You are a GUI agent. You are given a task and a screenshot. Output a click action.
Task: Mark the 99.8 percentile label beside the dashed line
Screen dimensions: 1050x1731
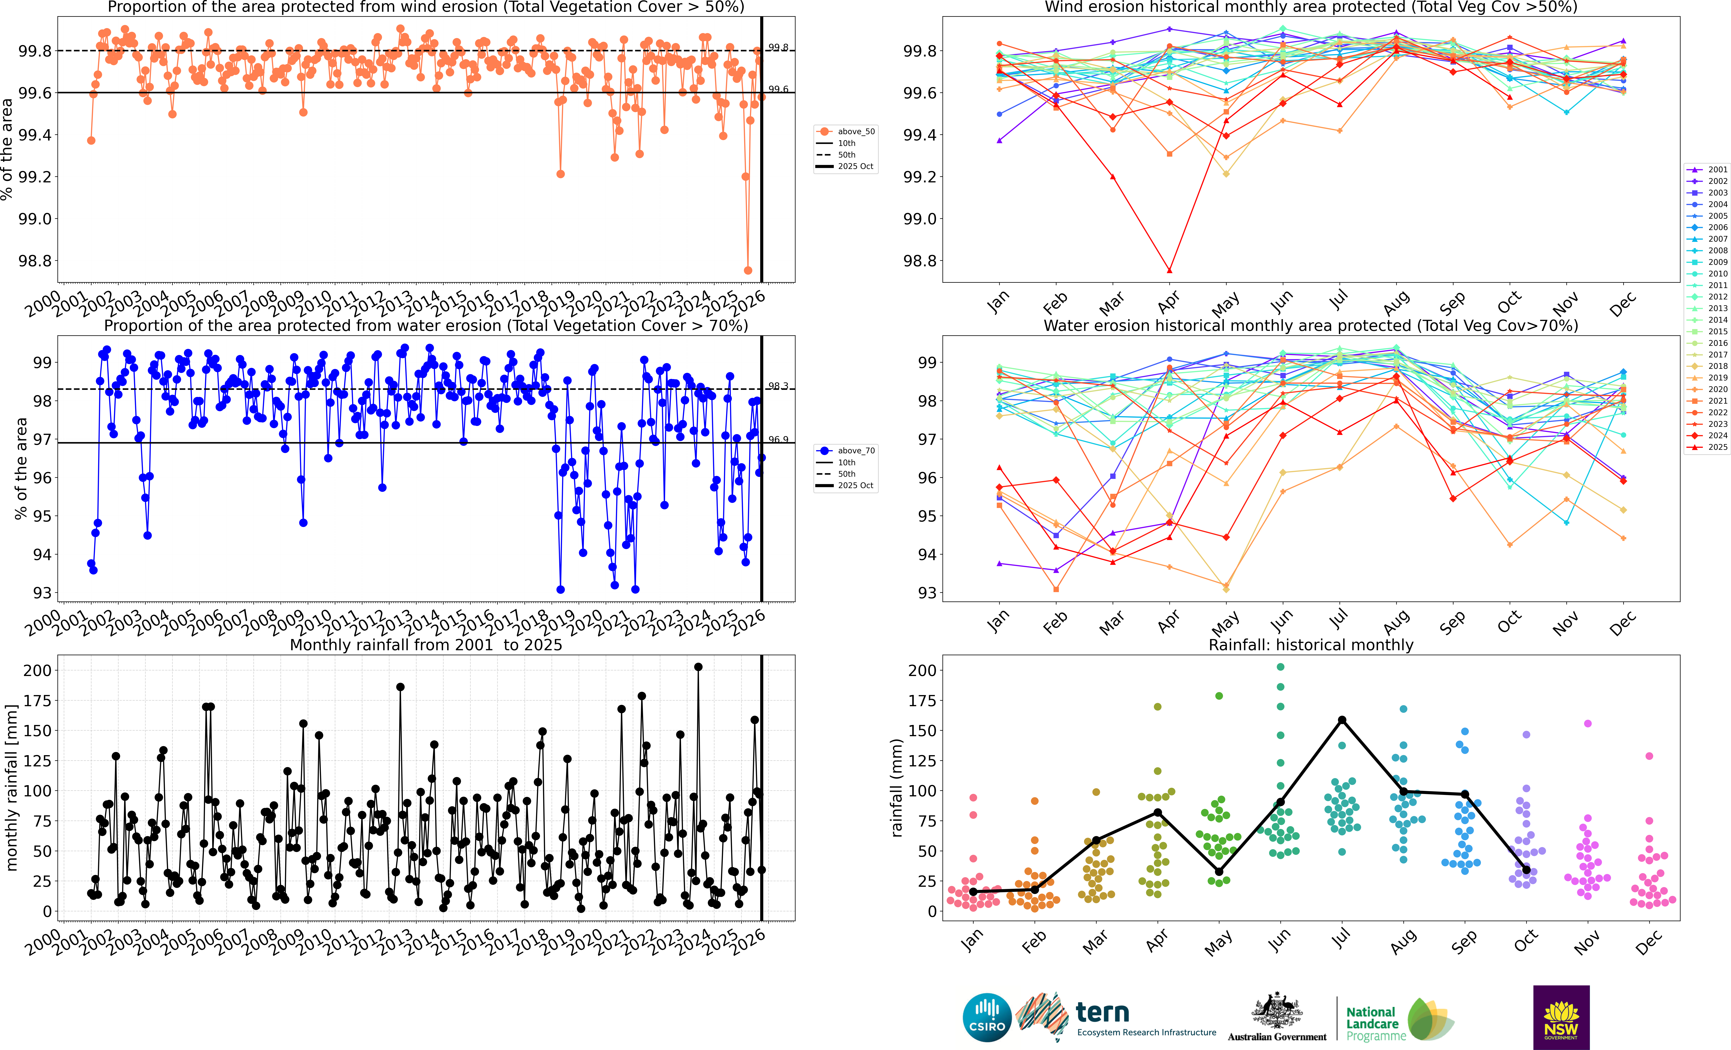coord(778,48)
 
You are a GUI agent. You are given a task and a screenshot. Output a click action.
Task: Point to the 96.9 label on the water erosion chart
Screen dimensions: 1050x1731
coord(778,440)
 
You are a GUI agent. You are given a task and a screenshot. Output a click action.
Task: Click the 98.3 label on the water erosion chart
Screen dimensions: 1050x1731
coord(778,386)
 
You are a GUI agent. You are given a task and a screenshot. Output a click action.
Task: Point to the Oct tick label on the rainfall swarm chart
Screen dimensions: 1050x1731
coord(1526,941)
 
